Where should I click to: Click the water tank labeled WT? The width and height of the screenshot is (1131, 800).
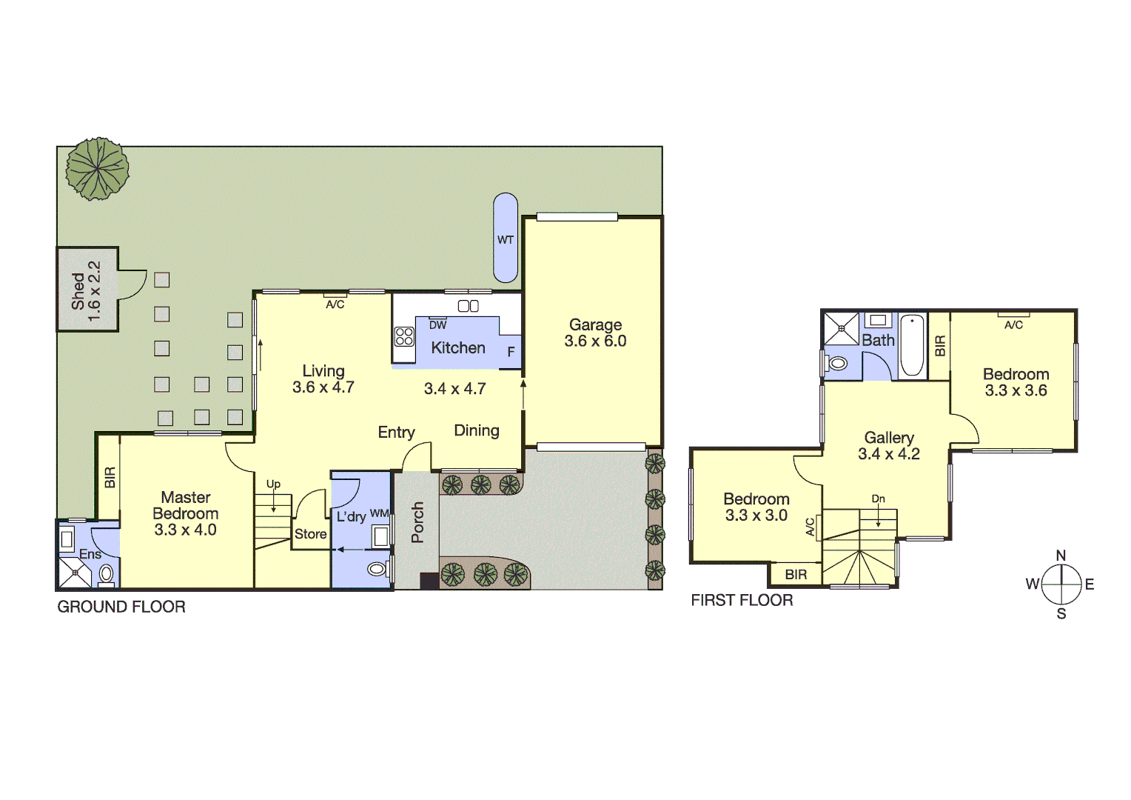point(506,239)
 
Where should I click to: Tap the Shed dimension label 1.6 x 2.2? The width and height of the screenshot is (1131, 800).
point(94,291)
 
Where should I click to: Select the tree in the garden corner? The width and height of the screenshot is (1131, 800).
point(97,169)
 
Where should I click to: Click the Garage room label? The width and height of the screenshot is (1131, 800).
point(595,324)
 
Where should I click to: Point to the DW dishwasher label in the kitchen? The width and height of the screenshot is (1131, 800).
point(437,325)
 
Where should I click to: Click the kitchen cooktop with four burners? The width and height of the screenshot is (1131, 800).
point(404,337)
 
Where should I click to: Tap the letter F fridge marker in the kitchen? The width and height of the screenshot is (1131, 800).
point(511,353)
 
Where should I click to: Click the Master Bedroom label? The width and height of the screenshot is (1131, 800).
point(186,505)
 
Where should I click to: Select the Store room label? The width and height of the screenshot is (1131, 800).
point(310,534)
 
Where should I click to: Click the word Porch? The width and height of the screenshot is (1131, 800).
point(417,522)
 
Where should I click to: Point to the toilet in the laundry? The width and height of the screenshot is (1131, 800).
point(377,569)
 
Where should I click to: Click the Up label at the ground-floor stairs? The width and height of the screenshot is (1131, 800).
point(273,484)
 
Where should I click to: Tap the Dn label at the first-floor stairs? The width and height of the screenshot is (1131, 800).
point(878,499)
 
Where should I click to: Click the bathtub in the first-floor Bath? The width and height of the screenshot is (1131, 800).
point(912,345)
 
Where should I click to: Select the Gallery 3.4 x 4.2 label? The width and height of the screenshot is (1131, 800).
point(889,446)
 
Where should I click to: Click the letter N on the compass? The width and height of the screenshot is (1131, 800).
point(1061,556)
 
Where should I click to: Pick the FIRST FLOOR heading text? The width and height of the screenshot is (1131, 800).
point(742,601)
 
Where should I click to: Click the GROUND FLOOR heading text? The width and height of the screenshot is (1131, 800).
point(121,607)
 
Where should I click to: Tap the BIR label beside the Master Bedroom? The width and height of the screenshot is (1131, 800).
point(110,477)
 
